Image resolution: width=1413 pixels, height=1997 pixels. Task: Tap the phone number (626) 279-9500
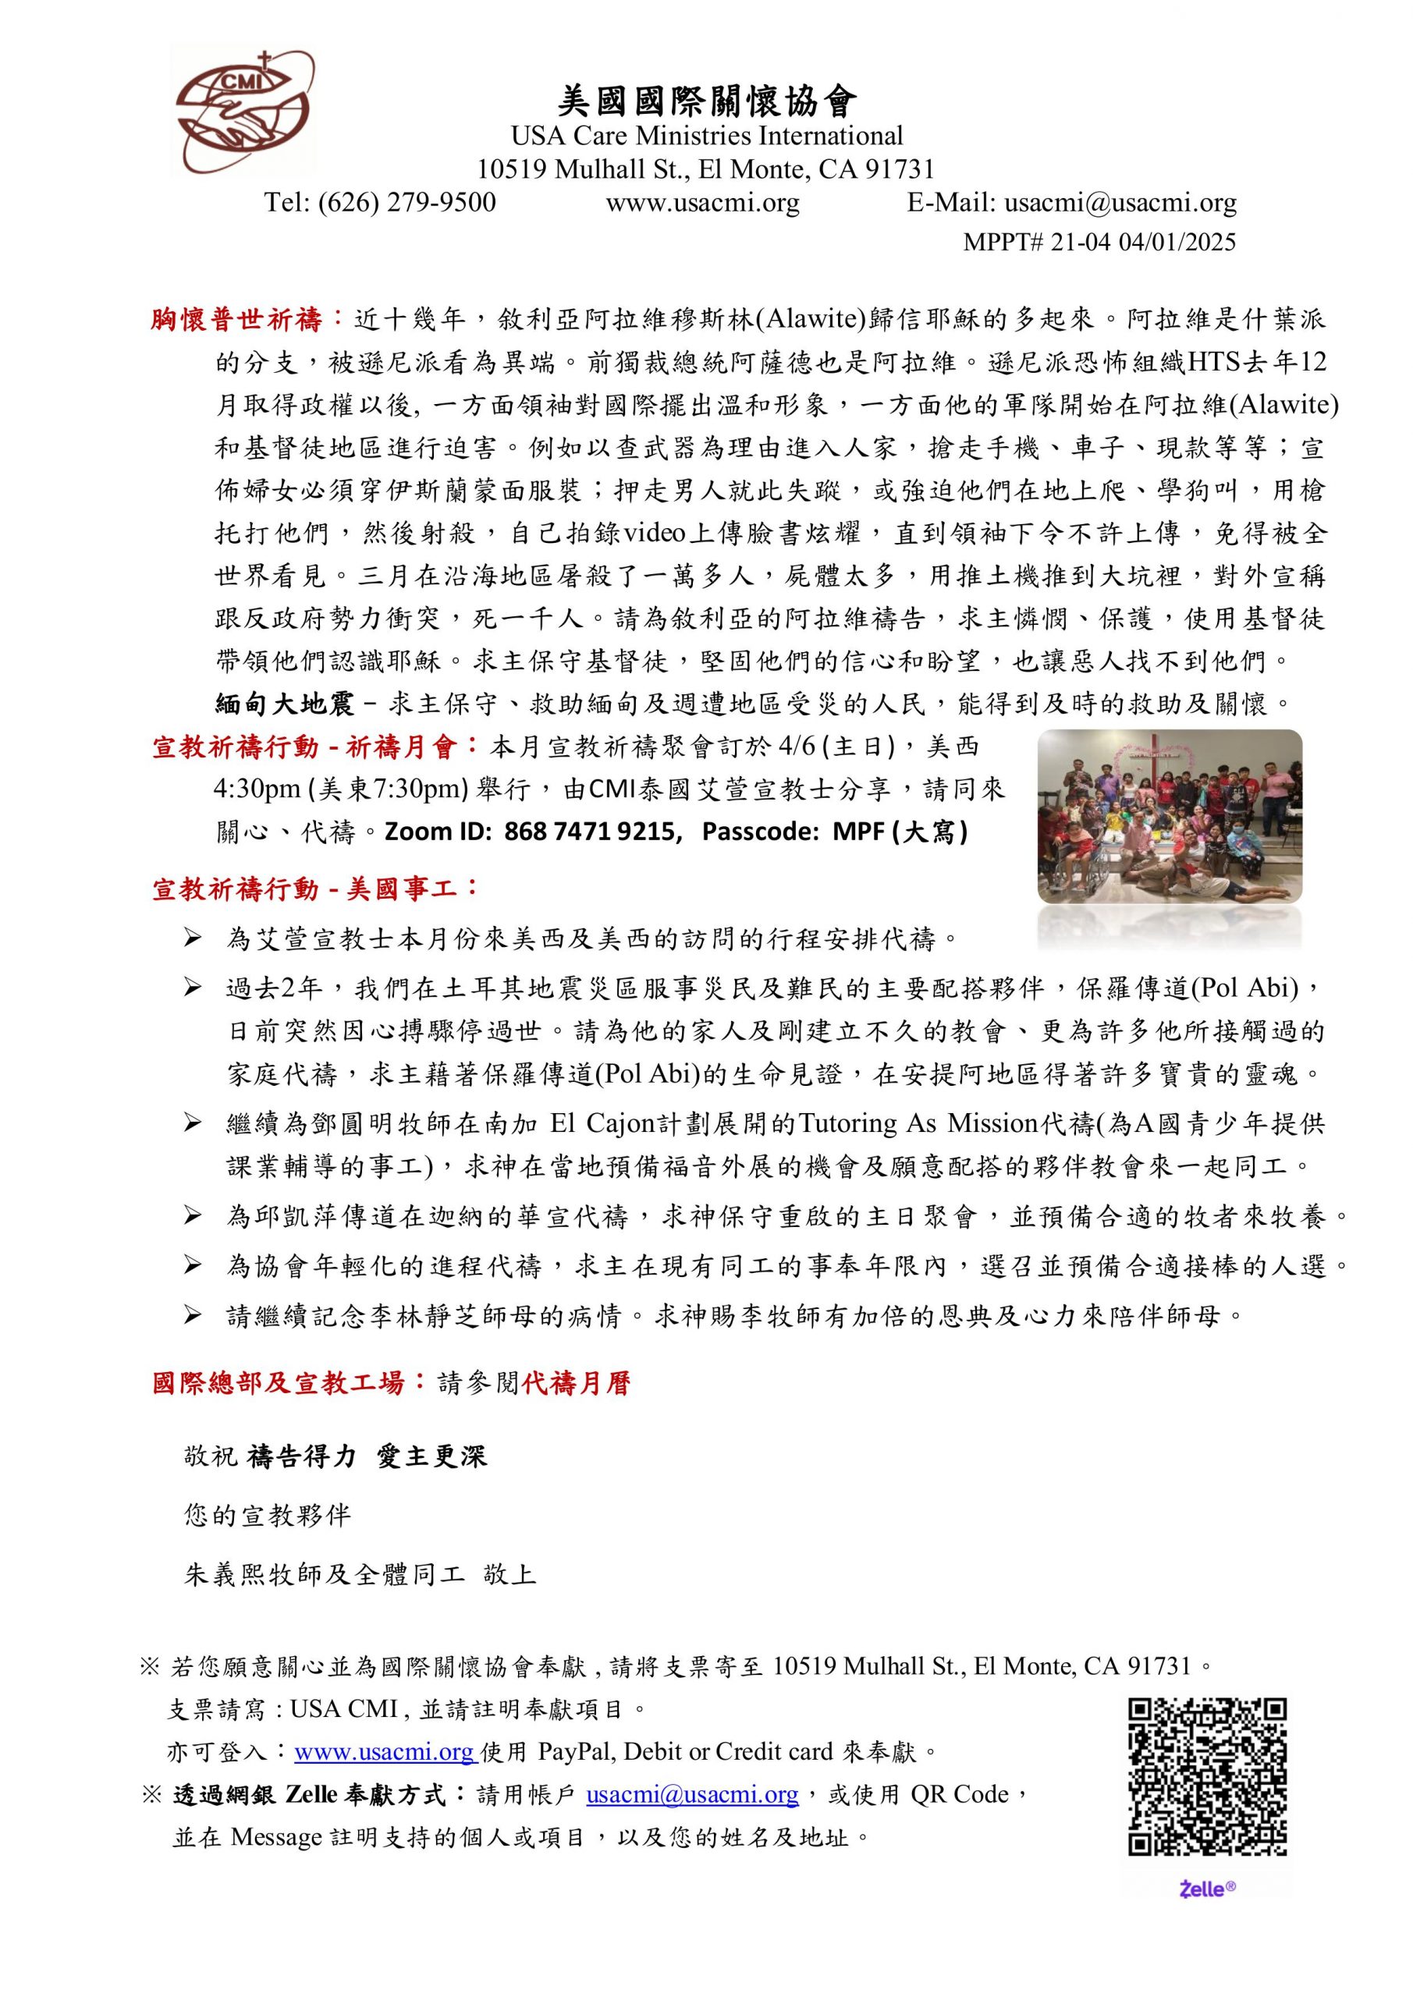pos(407,203)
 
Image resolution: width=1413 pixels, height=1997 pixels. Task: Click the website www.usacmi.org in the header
pos(702,203)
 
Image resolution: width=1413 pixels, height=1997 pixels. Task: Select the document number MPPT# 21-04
pos(1037,242)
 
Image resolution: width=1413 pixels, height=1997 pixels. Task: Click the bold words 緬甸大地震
pos(285,704)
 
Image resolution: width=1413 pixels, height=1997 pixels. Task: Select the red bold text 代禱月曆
pos(576,1384)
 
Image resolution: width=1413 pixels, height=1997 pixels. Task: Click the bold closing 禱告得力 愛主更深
pos(367,1457)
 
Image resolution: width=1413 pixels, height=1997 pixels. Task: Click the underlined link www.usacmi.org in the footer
pos(384,1750)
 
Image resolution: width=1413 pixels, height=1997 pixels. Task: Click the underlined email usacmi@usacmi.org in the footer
pos(692,1794)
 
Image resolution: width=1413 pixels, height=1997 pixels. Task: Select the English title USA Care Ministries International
pos(707,137)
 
